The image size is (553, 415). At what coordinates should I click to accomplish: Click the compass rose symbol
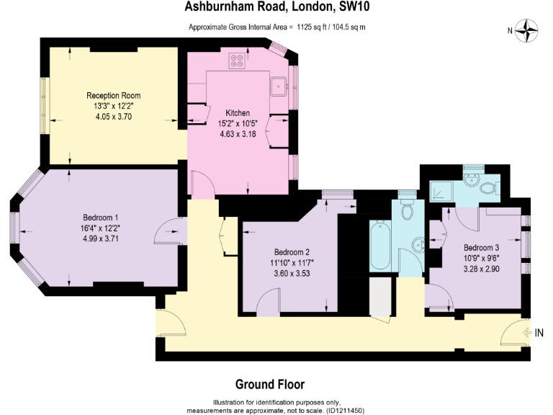(529, 30)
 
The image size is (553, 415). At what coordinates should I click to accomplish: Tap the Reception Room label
(113, 96)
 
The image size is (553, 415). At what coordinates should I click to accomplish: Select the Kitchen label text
(238, 113)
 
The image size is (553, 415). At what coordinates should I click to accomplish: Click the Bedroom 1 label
(101, 218)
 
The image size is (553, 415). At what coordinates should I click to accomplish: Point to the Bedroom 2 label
(292, 252)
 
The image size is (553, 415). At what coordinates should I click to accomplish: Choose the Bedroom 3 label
(481, 246)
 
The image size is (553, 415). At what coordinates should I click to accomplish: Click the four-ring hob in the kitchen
(236, 61)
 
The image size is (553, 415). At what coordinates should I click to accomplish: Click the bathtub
(380, 245)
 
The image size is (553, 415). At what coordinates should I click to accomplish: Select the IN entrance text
(539, 332)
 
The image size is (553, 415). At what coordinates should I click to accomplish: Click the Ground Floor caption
(270, 384)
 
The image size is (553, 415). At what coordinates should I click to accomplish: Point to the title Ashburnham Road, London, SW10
(278, 9)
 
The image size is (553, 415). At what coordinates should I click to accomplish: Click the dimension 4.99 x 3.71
(101, 238)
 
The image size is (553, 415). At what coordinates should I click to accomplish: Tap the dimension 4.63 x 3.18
(238, 133)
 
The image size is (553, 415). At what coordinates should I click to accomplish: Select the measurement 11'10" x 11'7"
(292, 262)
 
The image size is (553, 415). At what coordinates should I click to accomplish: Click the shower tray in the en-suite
(440, 191)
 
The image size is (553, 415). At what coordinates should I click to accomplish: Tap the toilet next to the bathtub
(407, 210)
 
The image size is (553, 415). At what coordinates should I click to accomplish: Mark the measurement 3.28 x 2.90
(481, 267)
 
